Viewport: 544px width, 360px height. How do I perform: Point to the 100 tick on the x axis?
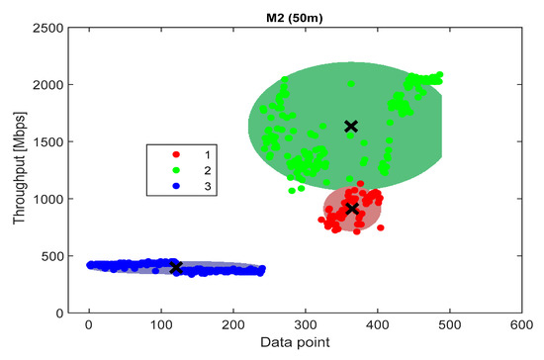tap(161, 323)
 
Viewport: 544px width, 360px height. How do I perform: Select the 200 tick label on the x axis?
tap(233, 323)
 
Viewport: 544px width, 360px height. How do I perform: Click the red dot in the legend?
tap(175, 155)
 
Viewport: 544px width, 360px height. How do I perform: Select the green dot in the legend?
tap(175, 170)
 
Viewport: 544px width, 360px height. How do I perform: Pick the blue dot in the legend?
tap(175, 185)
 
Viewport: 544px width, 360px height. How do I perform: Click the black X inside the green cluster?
tap(350, 127)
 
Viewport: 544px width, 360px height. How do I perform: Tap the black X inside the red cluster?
tap(351, 209)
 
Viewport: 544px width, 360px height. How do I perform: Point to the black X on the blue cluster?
tap(176, 268)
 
